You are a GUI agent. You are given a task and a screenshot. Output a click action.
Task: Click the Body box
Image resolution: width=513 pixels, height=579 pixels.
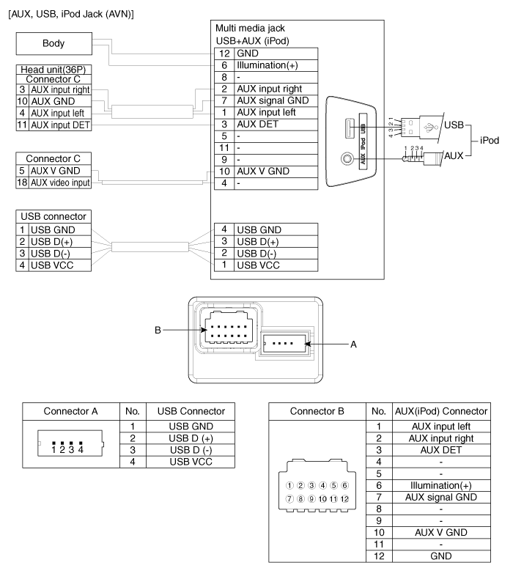click(x=53, y=43)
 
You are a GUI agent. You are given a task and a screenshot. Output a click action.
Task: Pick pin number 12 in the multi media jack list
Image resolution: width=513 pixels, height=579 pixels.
click(x=224, y=54)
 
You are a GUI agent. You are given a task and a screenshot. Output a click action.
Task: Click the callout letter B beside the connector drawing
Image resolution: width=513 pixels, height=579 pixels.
click(x=157, y=330)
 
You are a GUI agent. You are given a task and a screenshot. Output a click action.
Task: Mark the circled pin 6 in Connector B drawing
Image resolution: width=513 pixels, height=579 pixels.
click(x=344, y=485)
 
